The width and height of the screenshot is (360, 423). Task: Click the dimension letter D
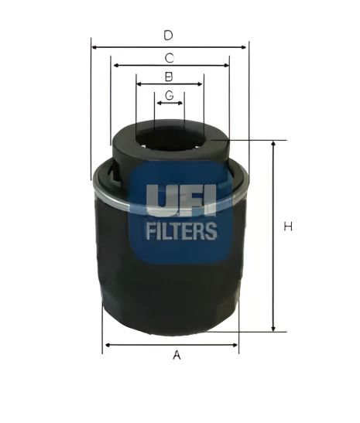[168, 35]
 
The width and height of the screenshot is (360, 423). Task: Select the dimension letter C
[168, 56]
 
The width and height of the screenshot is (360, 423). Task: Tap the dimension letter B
[168, 76]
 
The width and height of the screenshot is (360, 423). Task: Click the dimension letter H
[288, 227]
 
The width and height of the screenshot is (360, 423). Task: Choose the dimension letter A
[177, 355]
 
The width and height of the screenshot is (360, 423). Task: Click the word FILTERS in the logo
[180, 230]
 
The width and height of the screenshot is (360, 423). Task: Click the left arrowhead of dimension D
[94, 47]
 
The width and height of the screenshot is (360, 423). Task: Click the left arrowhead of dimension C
[115, 66]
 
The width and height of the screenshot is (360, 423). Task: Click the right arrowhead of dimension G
[182, 102]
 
